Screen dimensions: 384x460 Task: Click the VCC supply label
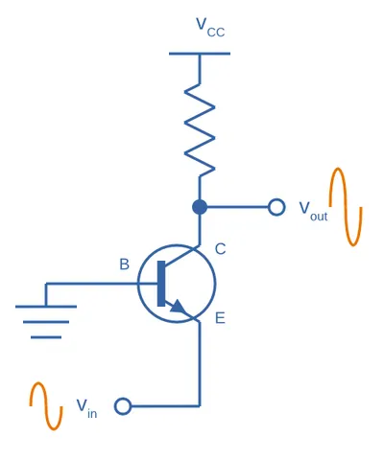pos(210,28)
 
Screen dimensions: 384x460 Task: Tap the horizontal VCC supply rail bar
pos(200,54)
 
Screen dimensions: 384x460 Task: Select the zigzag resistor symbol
pos(200,130)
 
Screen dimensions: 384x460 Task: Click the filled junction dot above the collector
pos(200,207)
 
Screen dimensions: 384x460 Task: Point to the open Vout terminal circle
pos(276,207)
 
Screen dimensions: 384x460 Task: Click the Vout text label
pos(313,211)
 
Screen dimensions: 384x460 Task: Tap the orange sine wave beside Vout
pos(346,207)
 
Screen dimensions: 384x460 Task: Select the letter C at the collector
pos(220,249)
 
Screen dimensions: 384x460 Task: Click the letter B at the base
pos(124,264)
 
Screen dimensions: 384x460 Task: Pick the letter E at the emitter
pos(220,318)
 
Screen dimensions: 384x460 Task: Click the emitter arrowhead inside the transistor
pos(177,307)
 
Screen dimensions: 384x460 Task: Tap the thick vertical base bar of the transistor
pos(161,284)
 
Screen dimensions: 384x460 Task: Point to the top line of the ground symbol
pos(46,307)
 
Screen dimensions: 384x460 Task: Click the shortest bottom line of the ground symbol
pos(46,337)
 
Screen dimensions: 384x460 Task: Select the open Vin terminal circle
pos(123,406)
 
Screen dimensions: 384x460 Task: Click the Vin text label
pos(86,408)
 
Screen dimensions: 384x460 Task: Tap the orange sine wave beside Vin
pos(46,406)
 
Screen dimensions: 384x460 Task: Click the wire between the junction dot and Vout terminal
pos(238,207)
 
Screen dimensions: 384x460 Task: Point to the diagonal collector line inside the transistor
pos(181,257)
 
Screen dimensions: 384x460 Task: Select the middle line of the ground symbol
pos(46,322)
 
